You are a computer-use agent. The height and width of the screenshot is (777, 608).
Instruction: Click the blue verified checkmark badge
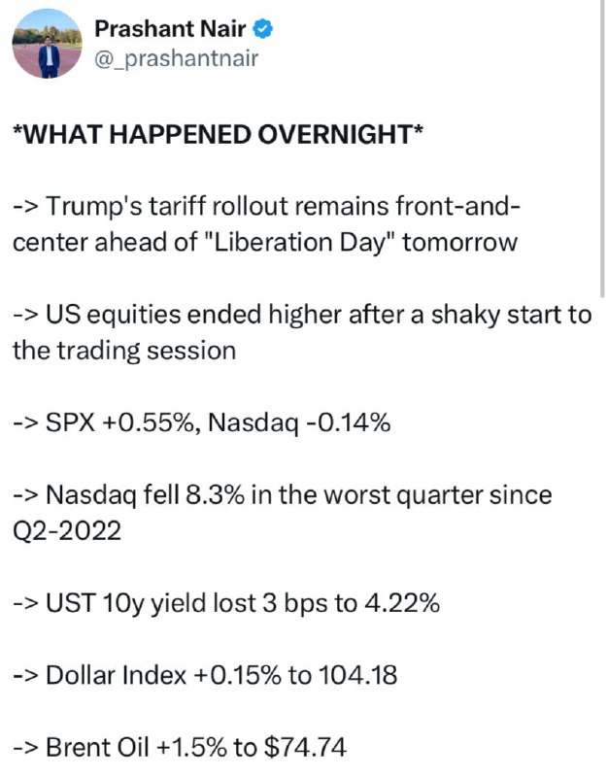click(x=262, y=29)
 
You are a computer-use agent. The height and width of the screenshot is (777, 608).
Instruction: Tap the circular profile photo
click(x=48, y=44)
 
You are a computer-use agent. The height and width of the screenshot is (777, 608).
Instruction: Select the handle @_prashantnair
click(x=176, y=59)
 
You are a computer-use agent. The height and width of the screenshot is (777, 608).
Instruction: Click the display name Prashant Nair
click(x=170, y=29)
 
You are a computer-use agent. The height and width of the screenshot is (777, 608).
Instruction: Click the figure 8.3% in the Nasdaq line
click(x=215, y=495)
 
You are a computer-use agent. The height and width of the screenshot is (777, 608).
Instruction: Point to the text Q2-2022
click(x=67, y=530)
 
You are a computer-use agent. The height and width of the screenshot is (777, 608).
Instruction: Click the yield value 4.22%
click(x=402, y=603)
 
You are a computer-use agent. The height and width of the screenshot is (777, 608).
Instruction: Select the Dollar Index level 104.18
click(x=357, y=675)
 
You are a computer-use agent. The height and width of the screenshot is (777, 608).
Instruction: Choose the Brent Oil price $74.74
click(x=305, y=747)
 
